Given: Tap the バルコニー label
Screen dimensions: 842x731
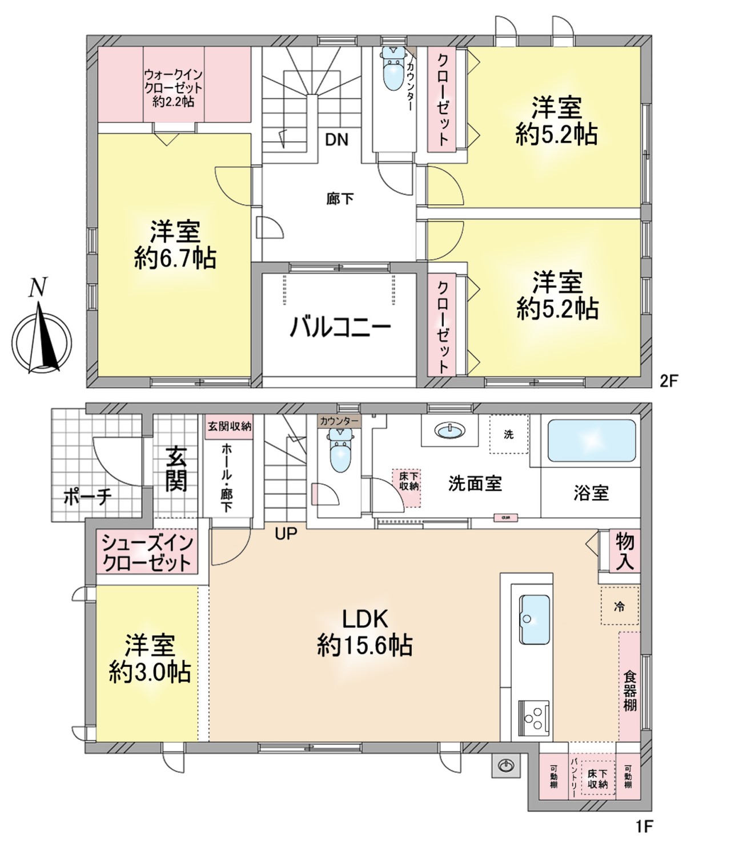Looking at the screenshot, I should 340,328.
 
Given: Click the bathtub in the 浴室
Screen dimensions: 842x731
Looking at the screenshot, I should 591,441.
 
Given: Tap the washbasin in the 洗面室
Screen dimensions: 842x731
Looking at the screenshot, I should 450,430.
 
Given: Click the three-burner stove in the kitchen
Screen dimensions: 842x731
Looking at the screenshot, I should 534,717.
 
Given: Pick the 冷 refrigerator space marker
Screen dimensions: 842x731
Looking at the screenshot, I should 619,606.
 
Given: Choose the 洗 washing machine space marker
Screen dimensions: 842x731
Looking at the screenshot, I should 508,434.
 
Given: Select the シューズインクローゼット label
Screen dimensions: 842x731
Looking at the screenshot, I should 147,553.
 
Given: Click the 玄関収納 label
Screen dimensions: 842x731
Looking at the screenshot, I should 229,426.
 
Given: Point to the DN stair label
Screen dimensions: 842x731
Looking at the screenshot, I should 336,140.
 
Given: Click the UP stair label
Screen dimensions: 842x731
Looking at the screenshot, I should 286,534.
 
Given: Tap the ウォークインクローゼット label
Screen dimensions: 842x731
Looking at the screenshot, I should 174,88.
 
